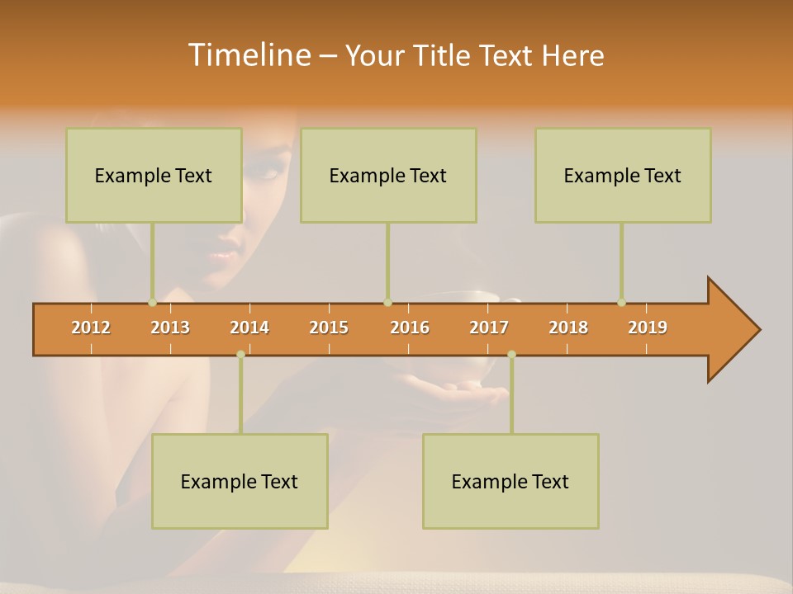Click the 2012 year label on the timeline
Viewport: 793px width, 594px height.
click(91, 328)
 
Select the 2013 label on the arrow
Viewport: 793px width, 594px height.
click(170, 328)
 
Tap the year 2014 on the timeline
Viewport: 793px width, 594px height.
click(249, 328)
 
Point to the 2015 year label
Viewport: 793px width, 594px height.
click(329, 328)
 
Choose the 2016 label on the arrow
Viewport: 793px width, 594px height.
click(410, 328)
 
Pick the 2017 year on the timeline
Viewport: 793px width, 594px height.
click(489, 328)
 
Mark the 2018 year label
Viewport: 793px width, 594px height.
click(568, 328)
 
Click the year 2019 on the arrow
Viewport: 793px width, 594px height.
click(648, 328)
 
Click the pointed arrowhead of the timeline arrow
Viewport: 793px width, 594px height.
click(735, 330)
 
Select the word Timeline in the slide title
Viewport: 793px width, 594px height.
click(248, 55)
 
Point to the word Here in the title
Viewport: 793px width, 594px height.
click(572, 56)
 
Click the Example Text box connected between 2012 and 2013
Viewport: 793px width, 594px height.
click(154, 175)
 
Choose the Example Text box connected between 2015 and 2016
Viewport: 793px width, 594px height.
click(388, 175)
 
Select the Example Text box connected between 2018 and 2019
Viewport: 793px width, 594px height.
click(623, 175)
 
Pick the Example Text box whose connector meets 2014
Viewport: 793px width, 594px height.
click(240, 481)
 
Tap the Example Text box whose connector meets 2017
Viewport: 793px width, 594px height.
click(510, 481)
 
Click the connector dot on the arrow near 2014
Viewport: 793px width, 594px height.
click(240, 354)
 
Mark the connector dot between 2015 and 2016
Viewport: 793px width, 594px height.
click(387, 302)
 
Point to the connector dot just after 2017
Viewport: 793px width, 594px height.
click(511, 354)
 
